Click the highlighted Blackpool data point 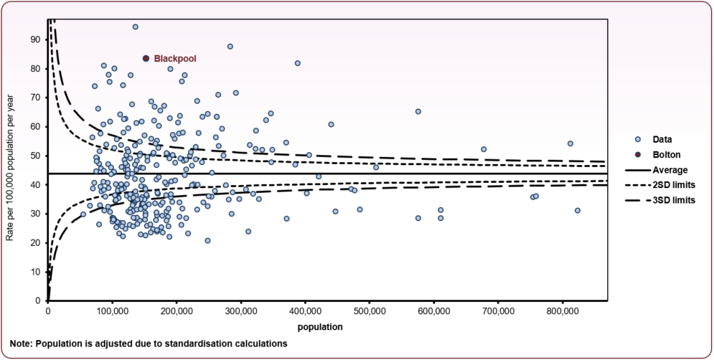pos(146,59)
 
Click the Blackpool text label pos(175,59)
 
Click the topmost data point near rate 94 pos(135,27)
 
